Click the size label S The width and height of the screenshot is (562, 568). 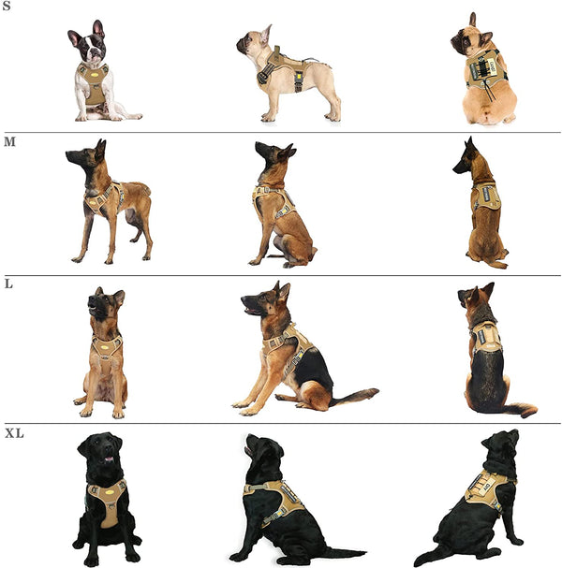tap(7, 7)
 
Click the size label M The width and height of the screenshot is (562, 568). tap(8, 141)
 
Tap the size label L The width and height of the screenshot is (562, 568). tap(7, 284)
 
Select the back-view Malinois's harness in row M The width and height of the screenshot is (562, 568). tap(485, 195)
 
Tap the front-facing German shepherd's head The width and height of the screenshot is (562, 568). tap(104, 304)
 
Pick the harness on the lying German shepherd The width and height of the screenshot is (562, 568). tap(288, 347)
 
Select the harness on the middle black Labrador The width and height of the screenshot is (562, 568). tap(278, 497)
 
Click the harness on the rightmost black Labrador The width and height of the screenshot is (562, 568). tap(487, 487)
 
